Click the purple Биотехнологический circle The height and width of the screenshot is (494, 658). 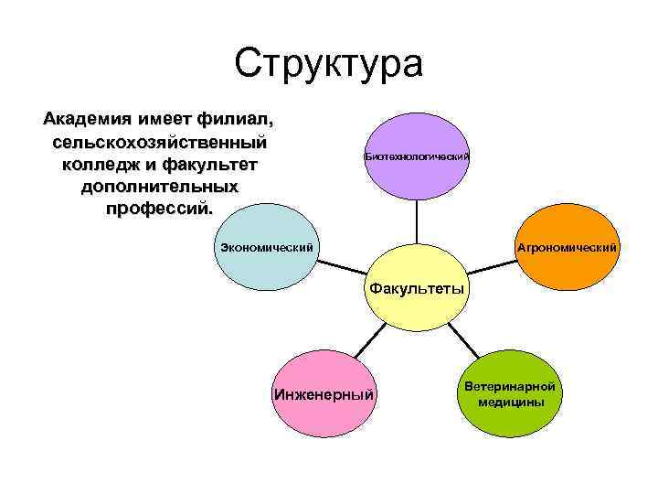[417, 156]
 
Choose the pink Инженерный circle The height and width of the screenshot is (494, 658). [324, 394]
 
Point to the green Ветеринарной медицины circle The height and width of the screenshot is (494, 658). [509, 394]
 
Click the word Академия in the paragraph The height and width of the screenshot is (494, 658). [84, 121]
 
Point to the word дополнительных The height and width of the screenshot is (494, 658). [160, 187]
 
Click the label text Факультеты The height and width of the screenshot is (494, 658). [417, 289]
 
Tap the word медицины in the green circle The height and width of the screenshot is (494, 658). [510, 403]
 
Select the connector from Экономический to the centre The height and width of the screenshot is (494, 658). [343, 269]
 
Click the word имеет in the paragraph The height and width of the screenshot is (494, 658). [162, 121]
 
